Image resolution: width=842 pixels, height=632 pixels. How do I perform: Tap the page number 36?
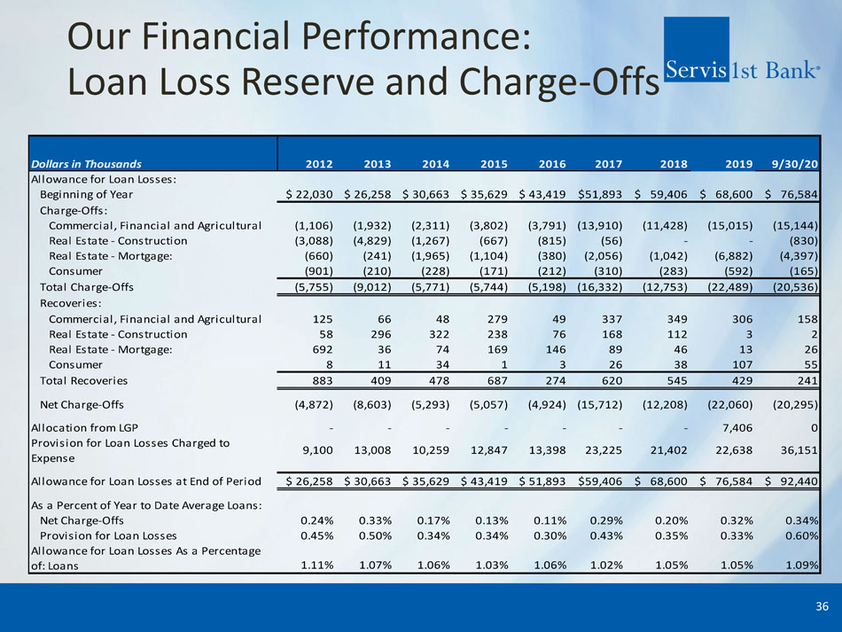pyautogui.click(x=822, y=606)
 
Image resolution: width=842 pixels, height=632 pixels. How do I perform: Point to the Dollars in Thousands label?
pyautogui.click(x=86, y=163)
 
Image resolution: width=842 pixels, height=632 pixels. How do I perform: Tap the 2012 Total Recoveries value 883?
pyautogui.click(x=318, y=380)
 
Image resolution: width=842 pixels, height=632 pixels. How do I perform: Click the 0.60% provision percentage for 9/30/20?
pyautogui.click(x=798, y=535)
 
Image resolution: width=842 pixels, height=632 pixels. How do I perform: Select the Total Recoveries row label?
pyautogui.click(x=84, y=380)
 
